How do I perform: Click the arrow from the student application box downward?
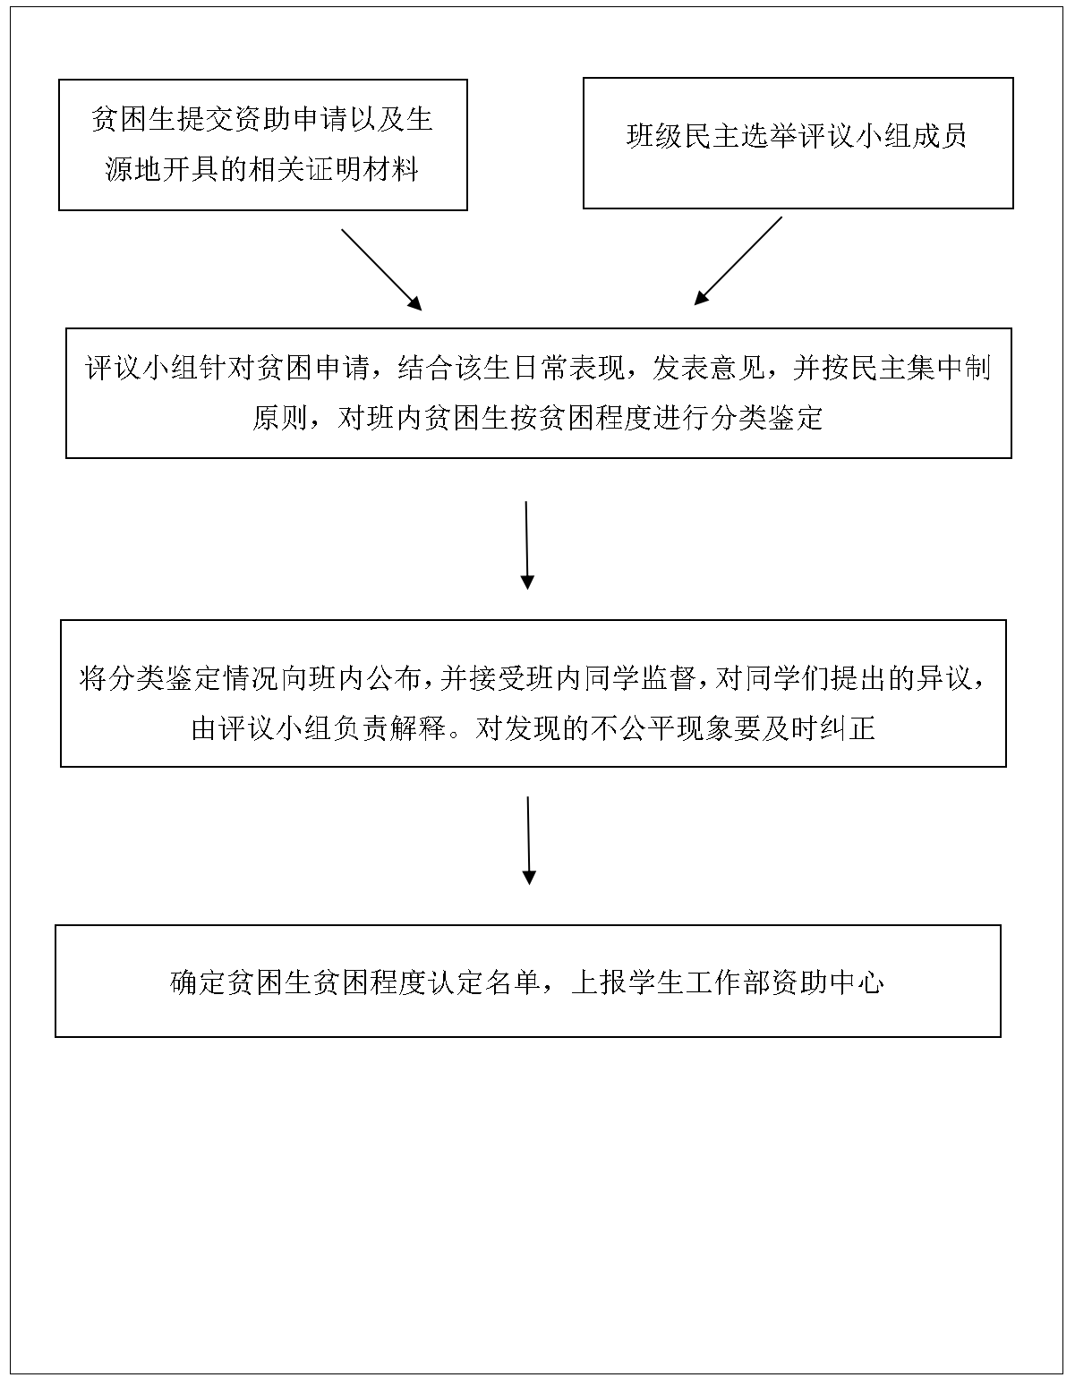(x=381, y=270)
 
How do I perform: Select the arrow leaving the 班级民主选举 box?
(x=738, y=261)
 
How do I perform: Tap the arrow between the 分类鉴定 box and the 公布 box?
(x=527, y=545)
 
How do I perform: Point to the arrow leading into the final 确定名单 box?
(x=528, y=840)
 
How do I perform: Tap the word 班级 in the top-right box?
(x=654, y=136)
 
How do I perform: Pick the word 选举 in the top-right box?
(x=769, y=136)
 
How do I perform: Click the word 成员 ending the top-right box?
(x=939, y=136)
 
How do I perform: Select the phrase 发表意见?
(x=709, y=368)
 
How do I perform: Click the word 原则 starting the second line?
(x=281, y=419)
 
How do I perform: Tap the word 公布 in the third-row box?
(x=394, y=678)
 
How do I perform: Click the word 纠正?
(x=847, y=728)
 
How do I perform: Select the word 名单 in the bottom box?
(x=513, y=982)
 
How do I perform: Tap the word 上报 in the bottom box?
(x=600, y=982)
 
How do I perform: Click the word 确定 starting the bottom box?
(x=199, y=982)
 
